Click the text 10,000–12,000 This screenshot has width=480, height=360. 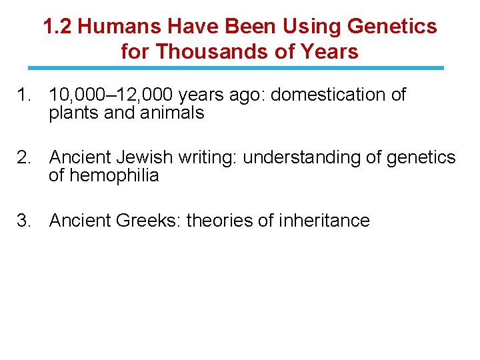pos(102,95)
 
